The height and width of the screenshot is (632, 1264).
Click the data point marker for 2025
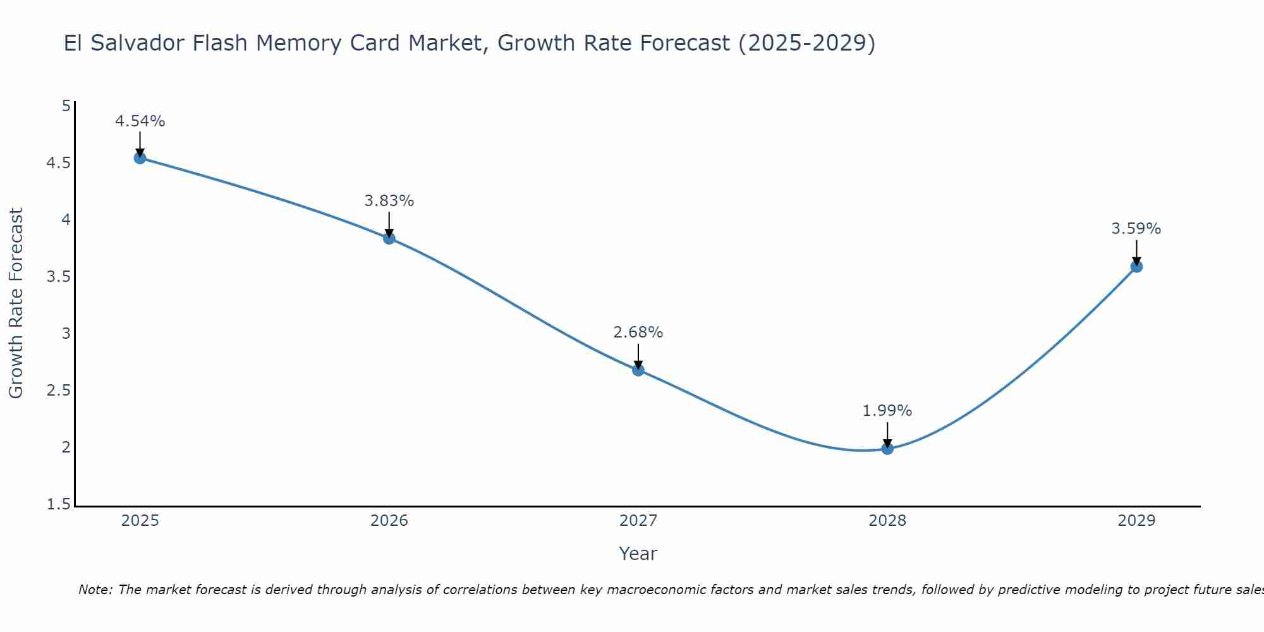(140, 158)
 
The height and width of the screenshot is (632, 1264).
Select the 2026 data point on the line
(389, 238)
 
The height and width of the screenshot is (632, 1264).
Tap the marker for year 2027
(638, 370)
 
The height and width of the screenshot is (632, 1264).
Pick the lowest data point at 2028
(887, 449)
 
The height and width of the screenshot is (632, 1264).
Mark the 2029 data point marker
(1136, 267)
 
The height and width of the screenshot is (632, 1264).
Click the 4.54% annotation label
(140, 121)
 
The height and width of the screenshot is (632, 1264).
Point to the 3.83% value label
(389, 201)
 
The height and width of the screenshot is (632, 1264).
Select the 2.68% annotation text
(638, 332)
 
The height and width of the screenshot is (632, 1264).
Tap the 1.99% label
(887, 411)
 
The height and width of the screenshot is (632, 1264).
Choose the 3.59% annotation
(1136, 229)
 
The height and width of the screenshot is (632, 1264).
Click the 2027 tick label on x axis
(638, 521)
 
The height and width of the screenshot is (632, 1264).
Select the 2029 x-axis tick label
(1136, 521)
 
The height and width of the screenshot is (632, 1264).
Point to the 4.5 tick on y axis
(59, 163)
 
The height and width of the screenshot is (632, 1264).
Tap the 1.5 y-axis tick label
(59, 504)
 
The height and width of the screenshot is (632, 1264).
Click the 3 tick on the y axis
(66, 334)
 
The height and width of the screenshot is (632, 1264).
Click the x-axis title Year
(638, 554)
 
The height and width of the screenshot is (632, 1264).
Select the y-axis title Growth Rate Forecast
(16, 303)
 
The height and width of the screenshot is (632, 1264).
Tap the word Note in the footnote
(94, 590)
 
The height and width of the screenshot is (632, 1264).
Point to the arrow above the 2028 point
(887, 434)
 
